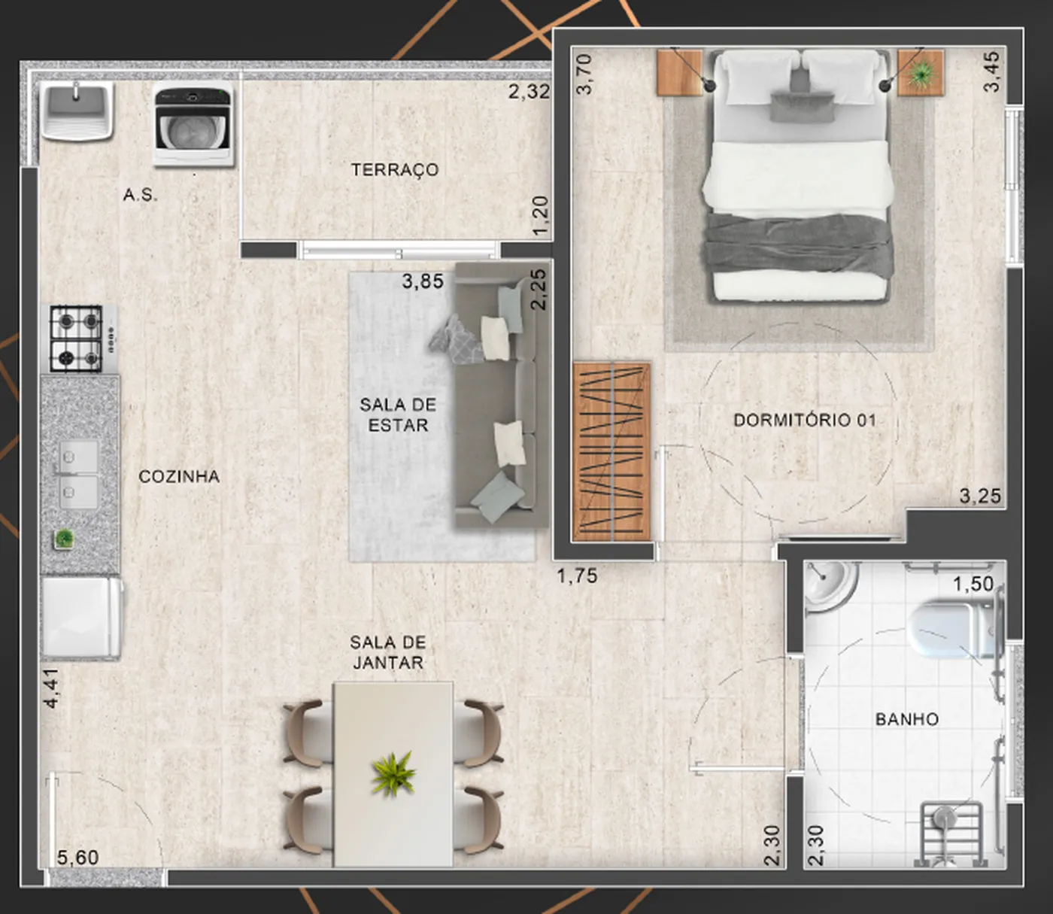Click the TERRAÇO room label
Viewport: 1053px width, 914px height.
point(395,170)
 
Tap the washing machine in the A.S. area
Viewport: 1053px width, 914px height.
point(193,126)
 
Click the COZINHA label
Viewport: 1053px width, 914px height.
point(179,476)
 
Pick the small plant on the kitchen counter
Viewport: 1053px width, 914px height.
point(65,539)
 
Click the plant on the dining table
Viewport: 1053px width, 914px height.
point(393,774)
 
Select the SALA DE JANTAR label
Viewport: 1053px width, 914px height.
point(388,652)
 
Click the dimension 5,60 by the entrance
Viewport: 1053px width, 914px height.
point(77,858)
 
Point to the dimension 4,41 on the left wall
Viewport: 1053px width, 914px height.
point(52,688)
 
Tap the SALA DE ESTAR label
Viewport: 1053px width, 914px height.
point(398,414)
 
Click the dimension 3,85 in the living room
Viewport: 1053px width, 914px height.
point(423,281)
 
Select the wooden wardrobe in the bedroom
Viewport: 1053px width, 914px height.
point(612,452)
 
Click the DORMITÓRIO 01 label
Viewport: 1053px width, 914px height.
point(805,421)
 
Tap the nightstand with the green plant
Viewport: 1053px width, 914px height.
point(921,72)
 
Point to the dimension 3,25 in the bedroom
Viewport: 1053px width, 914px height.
point(980,496)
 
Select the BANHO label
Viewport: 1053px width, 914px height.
point(907,719)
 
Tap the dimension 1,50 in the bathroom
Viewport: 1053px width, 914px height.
point(973,584)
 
